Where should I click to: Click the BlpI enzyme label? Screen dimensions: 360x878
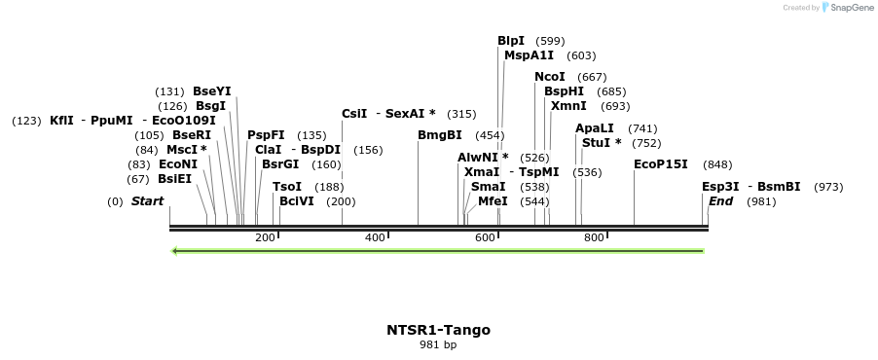[511, 41]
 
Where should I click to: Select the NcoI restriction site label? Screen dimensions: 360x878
[550, 77]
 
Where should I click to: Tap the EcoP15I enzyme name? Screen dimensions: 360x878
[661, 164]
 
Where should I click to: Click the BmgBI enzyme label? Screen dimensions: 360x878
[440, 135]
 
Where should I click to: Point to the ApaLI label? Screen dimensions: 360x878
[595, 128]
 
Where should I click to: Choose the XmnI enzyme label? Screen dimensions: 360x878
[568, 106]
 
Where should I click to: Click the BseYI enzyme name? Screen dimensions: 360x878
[212, 91]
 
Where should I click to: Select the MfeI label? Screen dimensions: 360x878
[494, 201]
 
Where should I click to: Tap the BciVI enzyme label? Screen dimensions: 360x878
[297, 201]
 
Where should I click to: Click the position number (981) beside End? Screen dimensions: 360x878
[762, 201]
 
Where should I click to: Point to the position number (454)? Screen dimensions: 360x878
[490, 135]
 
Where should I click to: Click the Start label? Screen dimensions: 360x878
[148, 201]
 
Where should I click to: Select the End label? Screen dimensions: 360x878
[721, 201]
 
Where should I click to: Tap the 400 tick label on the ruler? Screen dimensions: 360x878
[375, 237]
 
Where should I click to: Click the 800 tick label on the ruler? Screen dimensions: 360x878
[594, 237]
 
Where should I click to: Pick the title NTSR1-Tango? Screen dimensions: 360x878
[438, 330]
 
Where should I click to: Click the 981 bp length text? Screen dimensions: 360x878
[438, 345]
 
